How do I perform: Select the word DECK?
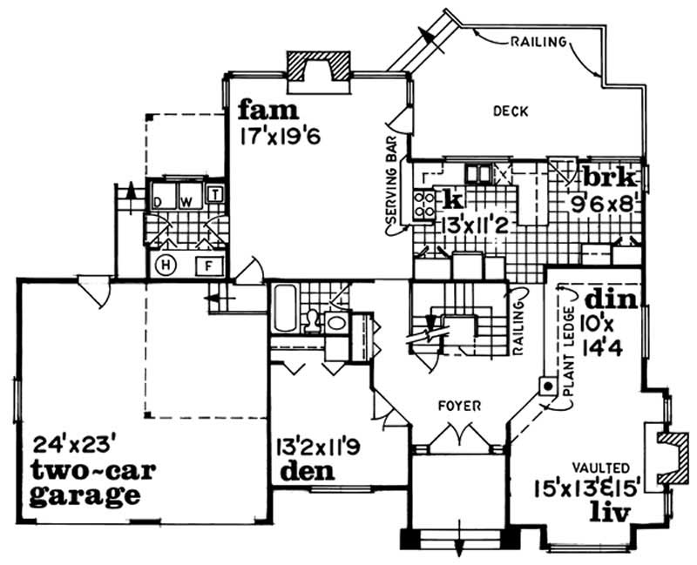click(511, 111)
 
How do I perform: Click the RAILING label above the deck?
click(539, 40)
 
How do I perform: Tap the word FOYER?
click(456, 405)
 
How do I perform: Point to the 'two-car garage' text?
click(85, 483)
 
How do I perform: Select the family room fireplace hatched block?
click(320, 66)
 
